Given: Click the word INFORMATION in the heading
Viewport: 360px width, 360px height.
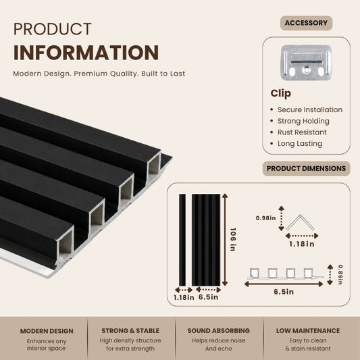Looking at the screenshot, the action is (86, 53).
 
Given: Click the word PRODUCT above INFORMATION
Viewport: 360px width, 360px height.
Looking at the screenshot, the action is (53, 29).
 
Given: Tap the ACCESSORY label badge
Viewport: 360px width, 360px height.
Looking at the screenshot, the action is (306, 23).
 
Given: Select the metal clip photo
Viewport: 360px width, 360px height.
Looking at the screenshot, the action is (306, 62).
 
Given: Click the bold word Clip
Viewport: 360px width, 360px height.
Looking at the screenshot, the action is (280, 93).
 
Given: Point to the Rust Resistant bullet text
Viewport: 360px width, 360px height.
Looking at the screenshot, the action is (302, 132).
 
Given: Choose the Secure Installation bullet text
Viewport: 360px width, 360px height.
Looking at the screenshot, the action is (310, 109).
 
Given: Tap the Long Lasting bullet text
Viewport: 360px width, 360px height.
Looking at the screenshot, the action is (300, 143).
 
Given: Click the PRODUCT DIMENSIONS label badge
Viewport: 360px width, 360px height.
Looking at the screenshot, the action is (306, 169).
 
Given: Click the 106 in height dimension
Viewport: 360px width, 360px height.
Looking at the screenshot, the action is (233, 240).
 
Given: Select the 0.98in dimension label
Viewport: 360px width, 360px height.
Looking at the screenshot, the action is (265, 218).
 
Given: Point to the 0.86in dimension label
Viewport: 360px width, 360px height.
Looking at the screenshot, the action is (340, 275).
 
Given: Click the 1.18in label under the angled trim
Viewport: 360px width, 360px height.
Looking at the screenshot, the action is (302, 244).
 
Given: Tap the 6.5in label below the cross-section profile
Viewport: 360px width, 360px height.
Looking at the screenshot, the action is (284, 292).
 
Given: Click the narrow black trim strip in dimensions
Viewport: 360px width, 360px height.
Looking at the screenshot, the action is (182, 240).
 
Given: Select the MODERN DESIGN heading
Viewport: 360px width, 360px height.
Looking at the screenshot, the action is (47, 331).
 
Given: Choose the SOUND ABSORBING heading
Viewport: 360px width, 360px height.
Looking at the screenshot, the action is (219, 330).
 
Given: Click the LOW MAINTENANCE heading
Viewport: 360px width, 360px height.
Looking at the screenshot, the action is (308, 330).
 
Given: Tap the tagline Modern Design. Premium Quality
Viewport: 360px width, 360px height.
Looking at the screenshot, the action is (76, 74).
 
